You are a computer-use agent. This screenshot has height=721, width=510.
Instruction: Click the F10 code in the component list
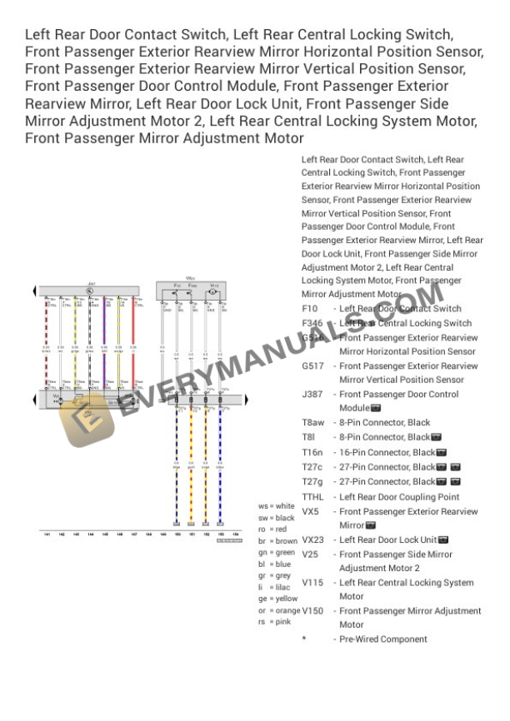coord(309,309)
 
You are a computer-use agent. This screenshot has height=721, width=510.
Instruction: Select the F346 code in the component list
coord(312,323)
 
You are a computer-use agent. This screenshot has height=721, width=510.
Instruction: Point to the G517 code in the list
coord(312,366)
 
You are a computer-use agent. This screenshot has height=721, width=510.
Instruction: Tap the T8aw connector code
coord(313,423)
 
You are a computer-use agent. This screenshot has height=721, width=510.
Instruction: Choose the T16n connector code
coord(312,452)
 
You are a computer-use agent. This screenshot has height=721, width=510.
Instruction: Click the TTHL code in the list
coord(312,497)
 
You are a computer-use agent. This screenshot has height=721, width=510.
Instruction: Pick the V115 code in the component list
coord(312,583)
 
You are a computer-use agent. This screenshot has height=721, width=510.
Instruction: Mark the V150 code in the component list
coord(312,611)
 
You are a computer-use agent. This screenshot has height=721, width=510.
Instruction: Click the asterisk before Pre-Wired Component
coord(304,639)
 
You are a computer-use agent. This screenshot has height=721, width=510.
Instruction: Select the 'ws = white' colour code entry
coord(277,505)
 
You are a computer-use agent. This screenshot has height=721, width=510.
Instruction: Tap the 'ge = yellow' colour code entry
coord(277,599)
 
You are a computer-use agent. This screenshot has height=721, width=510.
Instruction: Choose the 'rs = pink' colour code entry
coord(273,622)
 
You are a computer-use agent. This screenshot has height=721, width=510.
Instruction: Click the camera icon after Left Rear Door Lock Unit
coord(443,540)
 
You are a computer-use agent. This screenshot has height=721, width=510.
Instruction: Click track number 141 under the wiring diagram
coord(47,534)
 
